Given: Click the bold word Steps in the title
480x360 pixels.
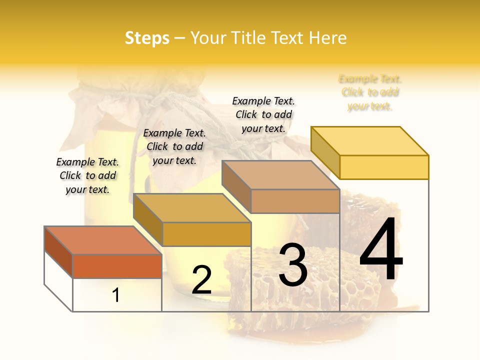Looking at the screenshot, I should pos(147,38).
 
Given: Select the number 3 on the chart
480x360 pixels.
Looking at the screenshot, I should pos(293,265).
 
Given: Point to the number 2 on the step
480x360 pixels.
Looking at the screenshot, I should pos(201,280).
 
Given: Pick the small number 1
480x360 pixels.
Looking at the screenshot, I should pos(116,295).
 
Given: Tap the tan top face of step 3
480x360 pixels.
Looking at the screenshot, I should pos(280,175).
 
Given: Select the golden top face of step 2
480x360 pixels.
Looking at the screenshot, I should pos(192,208).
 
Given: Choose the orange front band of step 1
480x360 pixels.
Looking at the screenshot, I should pos(117,266).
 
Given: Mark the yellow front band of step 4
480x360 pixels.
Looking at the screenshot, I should pos(384,167).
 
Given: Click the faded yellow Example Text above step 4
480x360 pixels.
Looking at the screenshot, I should pos(370,92).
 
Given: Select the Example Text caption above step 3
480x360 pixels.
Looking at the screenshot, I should pos(263,114).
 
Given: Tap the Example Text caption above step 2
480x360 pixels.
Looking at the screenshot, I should pos(174,146).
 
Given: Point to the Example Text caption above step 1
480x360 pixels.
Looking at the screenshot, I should pos(87,175).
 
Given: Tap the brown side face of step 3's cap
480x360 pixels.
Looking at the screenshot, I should pos(236,187).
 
